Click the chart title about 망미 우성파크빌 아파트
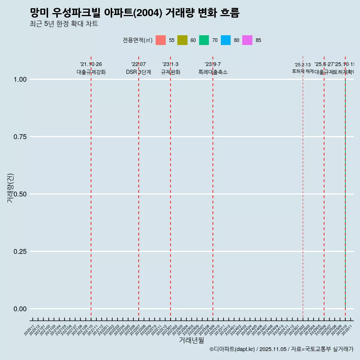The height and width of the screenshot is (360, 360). click(134, 13)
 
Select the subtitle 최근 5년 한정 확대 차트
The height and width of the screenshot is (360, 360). click(64, 24)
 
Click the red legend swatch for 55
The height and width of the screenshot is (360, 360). click(160, 40)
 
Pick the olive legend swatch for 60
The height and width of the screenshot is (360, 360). click(182, 40)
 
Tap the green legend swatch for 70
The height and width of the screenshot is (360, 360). click(204, 40)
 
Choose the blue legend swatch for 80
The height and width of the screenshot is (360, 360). click(226, 40)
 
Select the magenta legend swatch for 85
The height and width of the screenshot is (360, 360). click(247, 40)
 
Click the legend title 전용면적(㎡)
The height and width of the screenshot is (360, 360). click(137, 40)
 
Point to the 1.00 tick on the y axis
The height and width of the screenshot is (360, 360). click(20, 79)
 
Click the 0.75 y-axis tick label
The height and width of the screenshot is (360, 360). click(20, 136)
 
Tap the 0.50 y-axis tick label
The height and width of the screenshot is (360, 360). click(20, 194)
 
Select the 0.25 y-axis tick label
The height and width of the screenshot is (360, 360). click(20, 251)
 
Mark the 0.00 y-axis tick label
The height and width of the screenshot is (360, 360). click(20, 309)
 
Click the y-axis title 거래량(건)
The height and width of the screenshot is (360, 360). click(10, 188)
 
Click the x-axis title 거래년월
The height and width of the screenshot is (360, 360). click(191, 340)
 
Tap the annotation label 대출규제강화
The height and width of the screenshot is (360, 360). click(91, 72)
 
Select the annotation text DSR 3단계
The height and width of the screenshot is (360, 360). click(138, 72)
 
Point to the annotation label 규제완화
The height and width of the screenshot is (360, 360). click(171, 72)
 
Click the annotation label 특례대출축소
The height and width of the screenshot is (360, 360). click(213, 72)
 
